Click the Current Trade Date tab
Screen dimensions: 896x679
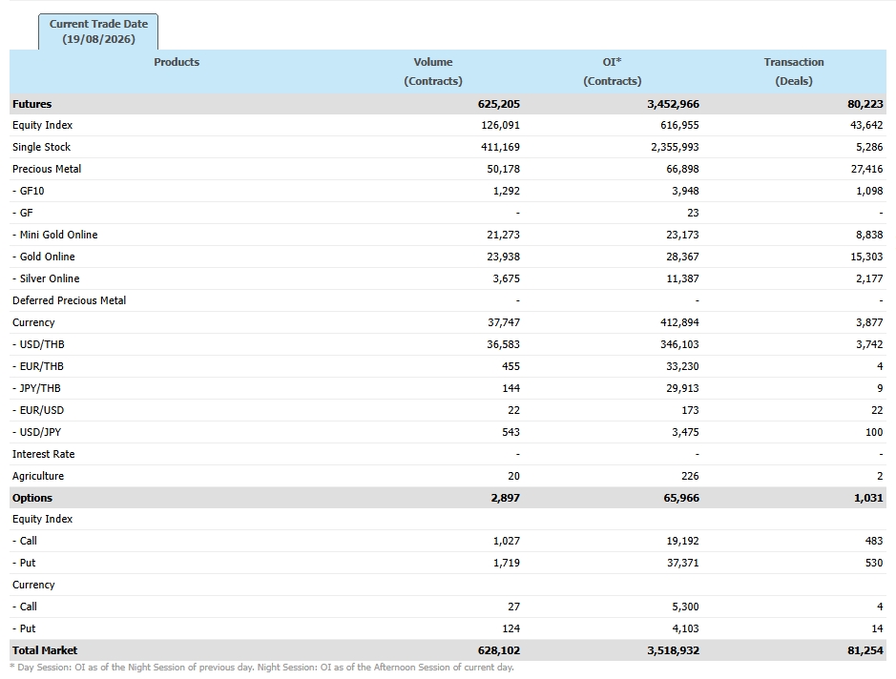point(98,31)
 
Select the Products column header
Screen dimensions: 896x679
point(177,62)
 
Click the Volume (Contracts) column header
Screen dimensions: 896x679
point(433,72)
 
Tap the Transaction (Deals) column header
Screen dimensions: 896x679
point(794,72)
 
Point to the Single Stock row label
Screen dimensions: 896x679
point(42,147)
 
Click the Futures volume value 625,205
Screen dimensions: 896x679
point(499,104)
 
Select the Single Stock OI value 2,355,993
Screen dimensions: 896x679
point(675,147)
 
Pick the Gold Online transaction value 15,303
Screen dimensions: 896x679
point(866,257)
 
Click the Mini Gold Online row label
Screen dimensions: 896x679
point(54,235)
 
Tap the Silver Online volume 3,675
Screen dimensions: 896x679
point(507,278)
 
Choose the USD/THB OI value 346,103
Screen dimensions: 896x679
point(679,344)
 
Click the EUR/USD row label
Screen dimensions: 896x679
point(38,410)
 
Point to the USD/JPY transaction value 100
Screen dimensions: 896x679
point(874,432)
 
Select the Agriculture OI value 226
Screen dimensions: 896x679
point(690,476)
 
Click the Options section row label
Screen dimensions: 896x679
point(32,498)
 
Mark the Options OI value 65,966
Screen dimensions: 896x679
point(681,498)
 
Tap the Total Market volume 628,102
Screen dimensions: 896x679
point(499,649)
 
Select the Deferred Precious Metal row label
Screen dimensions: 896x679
point(69,300)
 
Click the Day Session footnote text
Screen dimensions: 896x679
point(261,667)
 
